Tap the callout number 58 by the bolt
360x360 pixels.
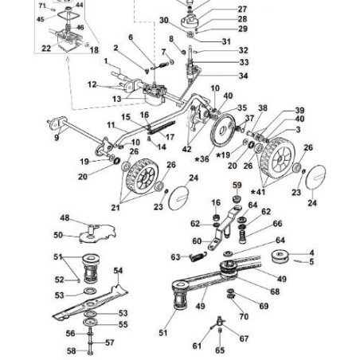pyautogui.click(x=71, y=351)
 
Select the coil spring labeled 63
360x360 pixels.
pyautogui.click(x=198, y=256)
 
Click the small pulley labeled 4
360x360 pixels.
pyautogui.click(x=279, y=256)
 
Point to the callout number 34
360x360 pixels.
pyautogui.click(x=243, y=76)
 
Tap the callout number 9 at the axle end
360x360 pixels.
pyautogui.click(x=57, y=138)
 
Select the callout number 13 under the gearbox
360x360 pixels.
pyautogui.click(x=116, y=99)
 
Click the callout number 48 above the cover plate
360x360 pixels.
pyautogui.click(x=65, y=217)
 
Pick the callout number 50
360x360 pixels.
pyautogui.click(x=58, y=235)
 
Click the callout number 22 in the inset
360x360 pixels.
pyautogui.click(x=46, y=49)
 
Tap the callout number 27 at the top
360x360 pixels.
pyautogui.click(x=242, y=10)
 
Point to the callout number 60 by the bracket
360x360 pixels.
pyautogui.click(x=197, y=241)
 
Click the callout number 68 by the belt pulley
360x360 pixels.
pyautogui.click(x=275, y=292)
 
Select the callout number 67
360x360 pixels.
pyautogui.click(x=244, y=338)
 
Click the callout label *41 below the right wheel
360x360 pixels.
pyautogui.click(x=258, y=192)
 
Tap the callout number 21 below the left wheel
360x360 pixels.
pyautogui.click(x=115, y=207)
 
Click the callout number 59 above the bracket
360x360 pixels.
pyautogui.click(x=237, y=185)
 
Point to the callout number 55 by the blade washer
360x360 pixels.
pyautogui.click(x=123, y=324)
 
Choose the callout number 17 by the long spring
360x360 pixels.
pyautogui.click(x=170, y=137)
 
